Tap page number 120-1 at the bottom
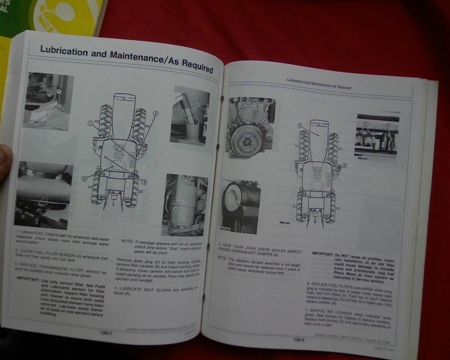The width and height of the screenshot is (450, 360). click(106, 333)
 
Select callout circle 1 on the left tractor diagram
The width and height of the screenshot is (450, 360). click(90, 123)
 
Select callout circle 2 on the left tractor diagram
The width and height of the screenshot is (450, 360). click(155, 113)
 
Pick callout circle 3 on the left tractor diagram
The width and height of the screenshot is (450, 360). click(144, 181)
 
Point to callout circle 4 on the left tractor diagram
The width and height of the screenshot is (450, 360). click(84, 179)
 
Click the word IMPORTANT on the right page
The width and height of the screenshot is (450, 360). click(322, 254)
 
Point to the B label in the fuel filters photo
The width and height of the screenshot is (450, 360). click(388, 126)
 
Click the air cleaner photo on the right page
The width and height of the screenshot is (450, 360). click(241, 206)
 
